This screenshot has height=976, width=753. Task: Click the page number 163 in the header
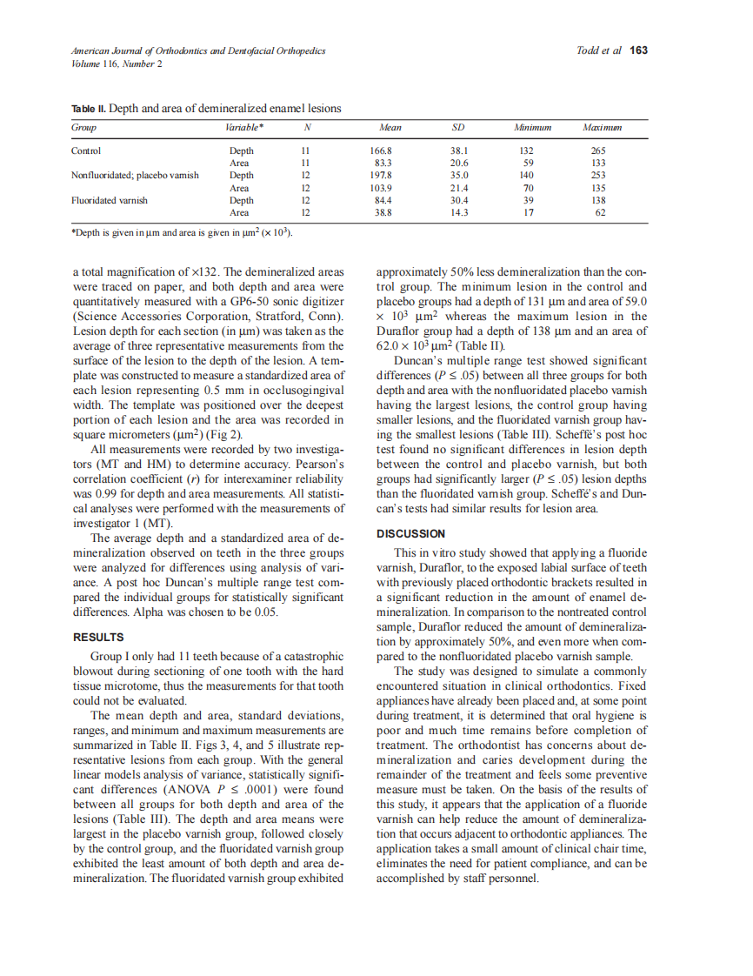pos(639,50)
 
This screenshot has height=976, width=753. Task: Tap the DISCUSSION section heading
pos(410,533)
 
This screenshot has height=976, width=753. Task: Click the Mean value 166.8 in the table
pos(381,150)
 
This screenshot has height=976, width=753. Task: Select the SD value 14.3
pos(458,211)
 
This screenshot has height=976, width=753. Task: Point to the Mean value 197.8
pos(381,175)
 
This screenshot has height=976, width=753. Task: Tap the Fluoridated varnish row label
pos(109,199)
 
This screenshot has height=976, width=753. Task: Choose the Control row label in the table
pos(86,150)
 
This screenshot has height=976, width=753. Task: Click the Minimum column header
pos(533,127)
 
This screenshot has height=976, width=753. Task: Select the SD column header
pos(458,127)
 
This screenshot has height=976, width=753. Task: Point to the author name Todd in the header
pos(589,50)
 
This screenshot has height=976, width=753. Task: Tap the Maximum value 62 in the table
pos(600,211)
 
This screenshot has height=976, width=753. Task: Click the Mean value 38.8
pos(381,211)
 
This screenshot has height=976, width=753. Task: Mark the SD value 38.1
pos(458,150)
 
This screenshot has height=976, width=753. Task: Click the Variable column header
pos(245,127)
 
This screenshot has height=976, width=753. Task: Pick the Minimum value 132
pos(528,150)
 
